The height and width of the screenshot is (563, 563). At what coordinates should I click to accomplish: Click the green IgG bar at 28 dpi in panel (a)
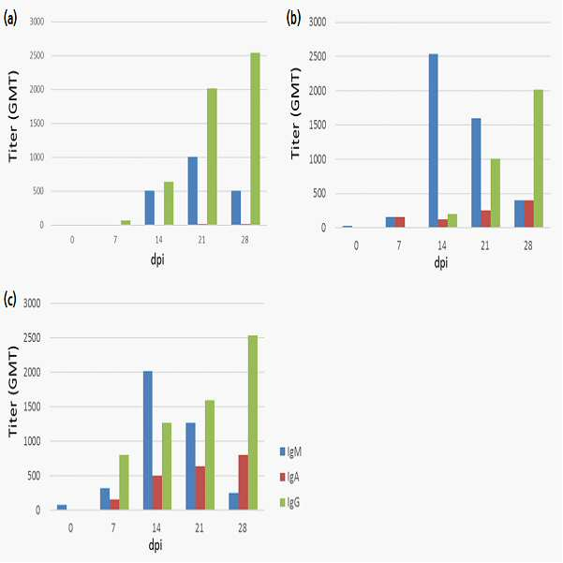pyautogui.click(x=256, y=139)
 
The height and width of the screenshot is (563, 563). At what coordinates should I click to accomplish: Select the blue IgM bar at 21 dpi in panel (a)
pyautogui.click(x=193, y=191)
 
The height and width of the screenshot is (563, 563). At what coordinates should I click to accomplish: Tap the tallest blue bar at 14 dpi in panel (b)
pyautogui.click(x=434, y=141)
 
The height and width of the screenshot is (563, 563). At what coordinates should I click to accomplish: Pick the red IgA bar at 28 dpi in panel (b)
pyautogui.click(x=529, y=214)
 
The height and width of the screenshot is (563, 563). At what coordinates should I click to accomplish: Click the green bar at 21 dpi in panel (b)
pyautogui.click(x=496, y=193)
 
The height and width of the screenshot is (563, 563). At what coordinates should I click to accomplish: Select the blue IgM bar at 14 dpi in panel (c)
pyautogui.click(x=148, y=440)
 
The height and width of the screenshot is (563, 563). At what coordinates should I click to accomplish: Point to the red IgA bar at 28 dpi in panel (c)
pyautogui.click(x=244, y=482)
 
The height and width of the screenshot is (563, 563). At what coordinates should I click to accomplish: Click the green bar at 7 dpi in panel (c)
pyautogui.click(x=124, y=482)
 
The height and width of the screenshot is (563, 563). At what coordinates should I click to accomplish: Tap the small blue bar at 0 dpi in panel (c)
pyautogui.click(x=62, y=507)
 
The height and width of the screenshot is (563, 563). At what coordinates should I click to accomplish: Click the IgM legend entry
pyautogui.click(x=290, y=452)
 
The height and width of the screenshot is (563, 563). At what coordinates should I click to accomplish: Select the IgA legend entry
pyautogui.click(x=289, y=477)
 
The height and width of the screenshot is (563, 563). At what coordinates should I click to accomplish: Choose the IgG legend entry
pyautogui.click(x=289, y=502)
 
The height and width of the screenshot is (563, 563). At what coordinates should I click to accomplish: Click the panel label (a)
pyautogui.click(x=10, y=19)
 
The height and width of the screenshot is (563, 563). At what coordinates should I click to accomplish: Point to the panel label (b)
pyautogui.click(x=293, y=18)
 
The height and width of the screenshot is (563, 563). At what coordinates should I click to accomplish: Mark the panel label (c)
pyautogui.click(x=9, y=299)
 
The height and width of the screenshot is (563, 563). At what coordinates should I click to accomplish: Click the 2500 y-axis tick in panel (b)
pyautogui.click(x=318, y=56)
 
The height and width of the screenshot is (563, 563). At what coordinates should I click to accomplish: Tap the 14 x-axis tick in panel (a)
pyautogui.click(x=158, y=240)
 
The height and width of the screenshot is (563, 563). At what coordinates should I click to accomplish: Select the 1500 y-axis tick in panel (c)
pyautogui.click(x=32, y=407)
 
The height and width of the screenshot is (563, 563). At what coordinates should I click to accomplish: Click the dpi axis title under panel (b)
pyautogui.click(x=441, y=263)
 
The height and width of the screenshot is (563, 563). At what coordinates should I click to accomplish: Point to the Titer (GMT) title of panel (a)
pyautogui.click(x=12, y=116)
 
